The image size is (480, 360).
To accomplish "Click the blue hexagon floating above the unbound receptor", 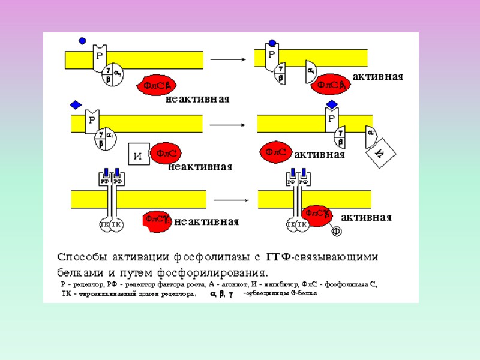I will pyautogui.click(x=82, y=41).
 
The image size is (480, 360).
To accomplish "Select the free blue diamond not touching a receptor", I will pyautogui.click(x=76, y=105).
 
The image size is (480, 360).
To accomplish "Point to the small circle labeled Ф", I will pyautogui.click(x=337, y=230).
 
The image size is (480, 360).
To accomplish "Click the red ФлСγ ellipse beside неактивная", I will pyautogui.click(x=158, y=220).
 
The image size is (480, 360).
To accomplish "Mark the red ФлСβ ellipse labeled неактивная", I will pyautogui.click(x=158, y=86).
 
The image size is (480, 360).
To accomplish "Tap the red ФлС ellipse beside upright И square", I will pyautogui.click(x=166, y=154).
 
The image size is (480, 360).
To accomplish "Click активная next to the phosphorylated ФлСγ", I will pyautogui.click(x=366, y=217).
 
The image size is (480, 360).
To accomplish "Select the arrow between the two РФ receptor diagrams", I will pyautogui.click(x=231, y=199).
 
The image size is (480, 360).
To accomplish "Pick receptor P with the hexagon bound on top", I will pyautogui.click(x=272, y=56).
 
